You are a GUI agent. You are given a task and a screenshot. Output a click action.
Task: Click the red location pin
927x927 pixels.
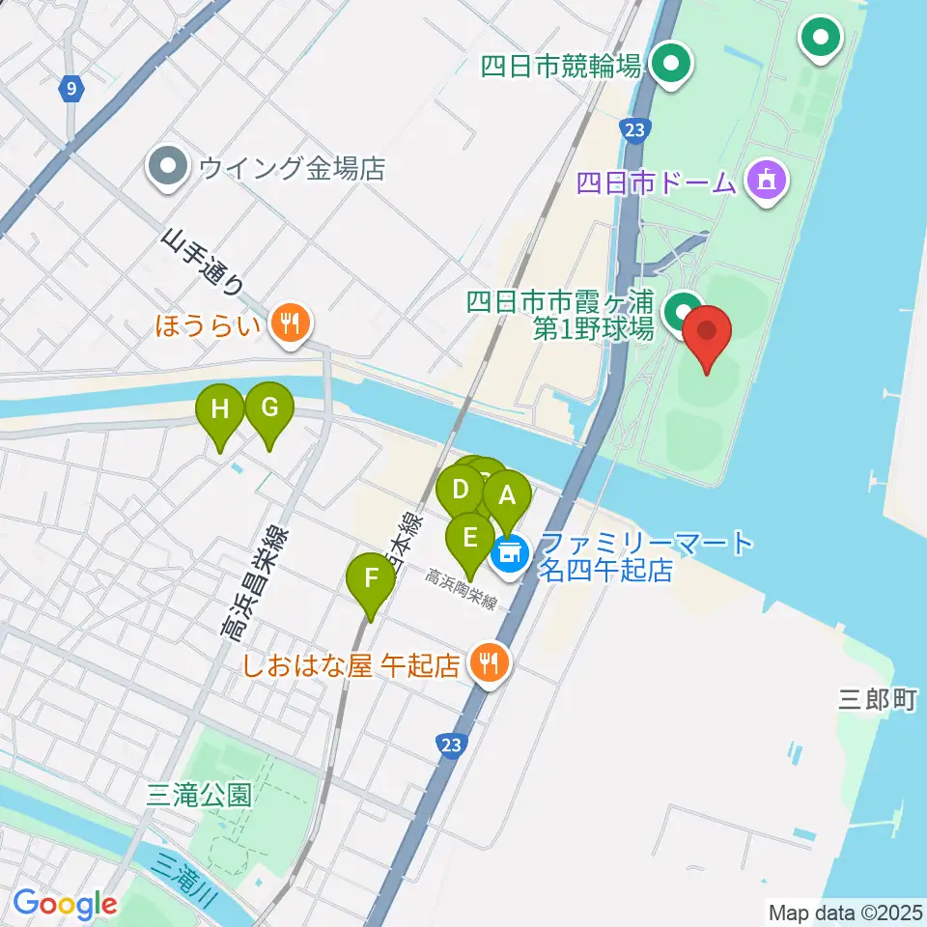tap(707, 333)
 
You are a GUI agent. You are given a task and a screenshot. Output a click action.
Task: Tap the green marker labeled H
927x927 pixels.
tap(220, 410)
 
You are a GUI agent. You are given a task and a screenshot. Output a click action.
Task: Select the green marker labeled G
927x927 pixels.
tap(268, 409)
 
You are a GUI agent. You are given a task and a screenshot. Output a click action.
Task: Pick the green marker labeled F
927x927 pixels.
tap(371, 578)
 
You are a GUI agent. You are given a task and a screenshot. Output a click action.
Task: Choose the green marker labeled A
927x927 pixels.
tap(507, 496)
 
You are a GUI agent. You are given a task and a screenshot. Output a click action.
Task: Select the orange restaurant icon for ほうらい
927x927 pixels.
tap(288, 321)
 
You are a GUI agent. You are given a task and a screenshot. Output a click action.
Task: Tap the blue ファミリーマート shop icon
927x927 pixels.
tap(509, 553)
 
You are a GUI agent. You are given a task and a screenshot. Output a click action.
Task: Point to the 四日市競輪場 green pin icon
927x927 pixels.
tap(671, 65)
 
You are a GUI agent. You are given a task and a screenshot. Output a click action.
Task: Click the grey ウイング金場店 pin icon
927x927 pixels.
tap(169, 167)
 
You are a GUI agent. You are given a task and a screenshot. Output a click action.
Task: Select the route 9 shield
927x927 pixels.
tap(70, 90)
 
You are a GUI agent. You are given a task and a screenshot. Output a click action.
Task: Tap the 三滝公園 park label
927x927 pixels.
tap(200, 795)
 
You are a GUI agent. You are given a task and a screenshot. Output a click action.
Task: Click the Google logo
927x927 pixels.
tap(66, 905)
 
